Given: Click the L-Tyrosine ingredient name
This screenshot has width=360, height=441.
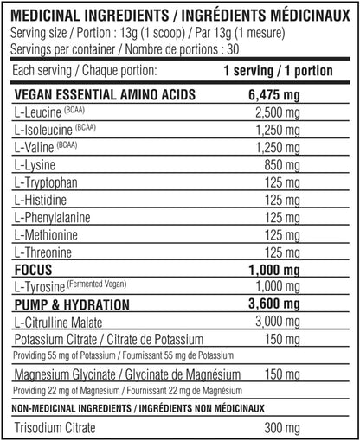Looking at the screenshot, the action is (40, 287).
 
